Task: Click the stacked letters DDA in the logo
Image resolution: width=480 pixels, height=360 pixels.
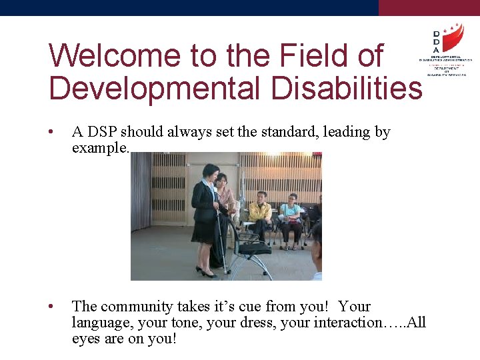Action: pyautogui.click(x=436, y=42)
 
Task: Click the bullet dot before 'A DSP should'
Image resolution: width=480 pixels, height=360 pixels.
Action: pyautogui.click(x=51, y=132)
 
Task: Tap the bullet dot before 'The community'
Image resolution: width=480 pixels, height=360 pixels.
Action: pyautogui.click(x=51, y=307)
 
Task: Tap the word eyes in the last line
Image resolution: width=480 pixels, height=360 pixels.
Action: pyautogui.click(x=85, y=339)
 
